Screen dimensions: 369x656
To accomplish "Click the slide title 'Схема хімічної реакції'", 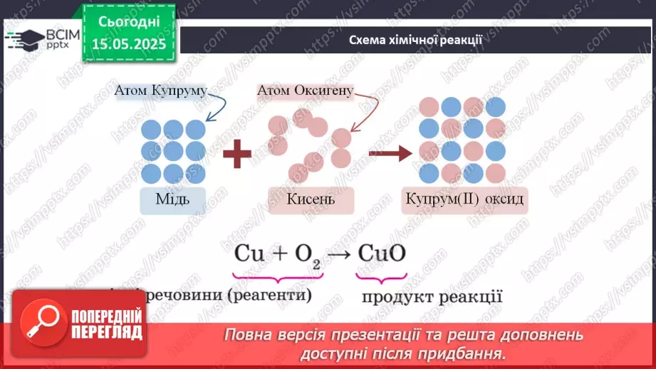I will click(415, 40).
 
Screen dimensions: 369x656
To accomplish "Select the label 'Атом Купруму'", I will click(160, 90).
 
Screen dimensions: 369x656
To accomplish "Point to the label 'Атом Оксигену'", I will click(304, 91).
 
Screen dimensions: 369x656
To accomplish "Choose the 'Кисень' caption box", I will click(311, 199).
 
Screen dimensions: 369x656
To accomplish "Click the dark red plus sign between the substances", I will click(238, 153).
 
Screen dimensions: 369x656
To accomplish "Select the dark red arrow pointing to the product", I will click(391, 152).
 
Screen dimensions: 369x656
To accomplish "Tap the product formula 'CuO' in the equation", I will click(382, 254).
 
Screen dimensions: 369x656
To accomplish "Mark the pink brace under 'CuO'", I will click(382, 274).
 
